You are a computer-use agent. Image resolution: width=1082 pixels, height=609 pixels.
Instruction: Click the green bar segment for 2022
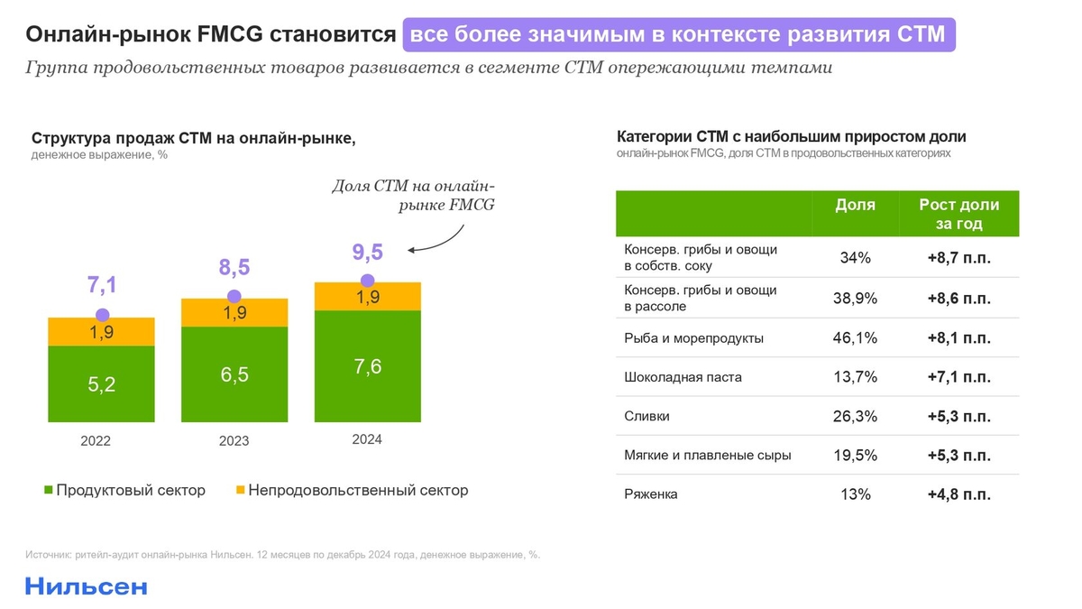101,383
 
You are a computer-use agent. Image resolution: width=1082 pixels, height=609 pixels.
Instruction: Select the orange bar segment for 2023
234,312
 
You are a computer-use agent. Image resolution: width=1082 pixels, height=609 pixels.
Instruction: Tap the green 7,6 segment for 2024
367,365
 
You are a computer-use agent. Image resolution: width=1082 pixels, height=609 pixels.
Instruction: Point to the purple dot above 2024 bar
367,280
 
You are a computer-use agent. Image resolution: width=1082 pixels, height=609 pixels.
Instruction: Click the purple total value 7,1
102,286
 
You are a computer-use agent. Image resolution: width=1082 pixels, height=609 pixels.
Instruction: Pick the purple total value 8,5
234,267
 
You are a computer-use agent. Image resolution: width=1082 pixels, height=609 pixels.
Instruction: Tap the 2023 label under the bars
234,441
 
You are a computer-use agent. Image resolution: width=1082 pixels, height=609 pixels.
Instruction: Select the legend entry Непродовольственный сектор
351,491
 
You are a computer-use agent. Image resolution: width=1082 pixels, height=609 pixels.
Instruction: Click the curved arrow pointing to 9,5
451,240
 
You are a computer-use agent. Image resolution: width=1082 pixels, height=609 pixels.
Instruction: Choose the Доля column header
855,206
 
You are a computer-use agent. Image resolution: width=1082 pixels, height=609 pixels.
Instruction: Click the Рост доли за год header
958,215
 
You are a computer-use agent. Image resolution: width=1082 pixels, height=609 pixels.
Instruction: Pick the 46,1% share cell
855,338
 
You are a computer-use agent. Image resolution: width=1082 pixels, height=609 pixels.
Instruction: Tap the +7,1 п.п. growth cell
958,377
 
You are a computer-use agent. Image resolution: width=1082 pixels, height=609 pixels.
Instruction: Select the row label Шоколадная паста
683,377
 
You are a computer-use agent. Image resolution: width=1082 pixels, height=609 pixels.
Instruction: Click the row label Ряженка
650,494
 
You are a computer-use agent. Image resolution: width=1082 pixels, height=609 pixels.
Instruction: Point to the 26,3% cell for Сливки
855,417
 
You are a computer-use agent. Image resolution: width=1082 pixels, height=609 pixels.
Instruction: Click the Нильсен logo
86,586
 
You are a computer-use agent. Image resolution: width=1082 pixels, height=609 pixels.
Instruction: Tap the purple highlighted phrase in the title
678,35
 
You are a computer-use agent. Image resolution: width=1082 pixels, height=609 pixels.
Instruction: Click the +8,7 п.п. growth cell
958,258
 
